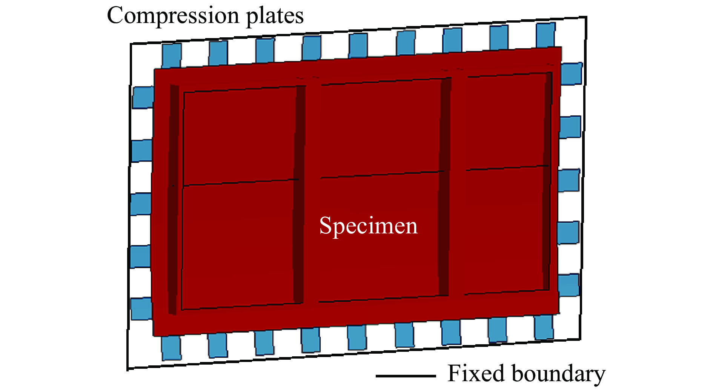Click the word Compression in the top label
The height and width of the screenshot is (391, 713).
[x=174, y=16]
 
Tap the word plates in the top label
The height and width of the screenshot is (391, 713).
[x=275, y=16]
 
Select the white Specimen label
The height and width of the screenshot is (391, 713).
[x=369, y=226]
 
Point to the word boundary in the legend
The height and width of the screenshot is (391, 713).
[x=558, y=374]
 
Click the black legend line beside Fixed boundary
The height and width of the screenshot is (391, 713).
[x=406, y=376]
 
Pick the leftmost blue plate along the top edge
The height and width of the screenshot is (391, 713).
[x=171, y=55]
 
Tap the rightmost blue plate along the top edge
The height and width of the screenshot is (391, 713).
[x=546, y=35]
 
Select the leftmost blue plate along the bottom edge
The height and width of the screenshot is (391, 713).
[x=171, y=348]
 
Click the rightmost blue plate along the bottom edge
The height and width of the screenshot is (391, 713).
[x=544, y=327]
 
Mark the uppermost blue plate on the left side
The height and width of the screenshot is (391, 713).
[x=143, y=97]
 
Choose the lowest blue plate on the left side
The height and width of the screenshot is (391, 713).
[x=141, y=309]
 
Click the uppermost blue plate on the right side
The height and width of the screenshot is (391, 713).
[x=572, y=74]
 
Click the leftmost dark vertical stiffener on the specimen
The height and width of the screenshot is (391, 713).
[x=173, y=199]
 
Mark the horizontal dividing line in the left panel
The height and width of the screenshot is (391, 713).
[x=241, y=182]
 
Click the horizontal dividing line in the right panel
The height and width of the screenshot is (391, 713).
[x=507, y=168]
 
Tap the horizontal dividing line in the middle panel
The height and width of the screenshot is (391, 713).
[x=382, y=174]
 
